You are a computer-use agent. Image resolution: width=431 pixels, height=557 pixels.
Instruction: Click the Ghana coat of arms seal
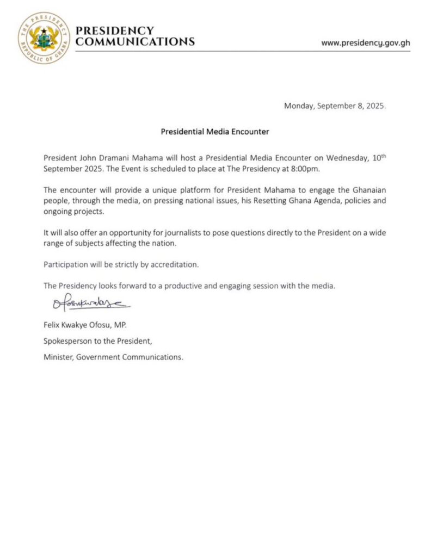point(44,37)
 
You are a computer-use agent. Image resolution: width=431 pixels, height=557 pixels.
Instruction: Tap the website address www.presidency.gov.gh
point(366,42)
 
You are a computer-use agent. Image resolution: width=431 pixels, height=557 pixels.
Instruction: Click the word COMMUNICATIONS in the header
point(135,42)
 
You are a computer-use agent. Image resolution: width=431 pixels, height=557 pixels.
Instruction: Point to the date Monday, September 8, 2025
point(335,106)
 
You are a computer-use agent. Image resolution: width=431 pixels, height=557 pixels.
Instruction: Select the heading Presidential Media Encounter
point(215,132)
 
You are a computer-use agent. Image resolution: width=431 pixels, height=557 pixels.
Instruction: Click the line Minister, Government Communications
point(113,357)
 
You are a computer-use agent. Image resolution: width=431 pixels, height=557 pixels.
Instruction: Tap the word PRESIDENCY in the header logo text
point(115,30)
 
